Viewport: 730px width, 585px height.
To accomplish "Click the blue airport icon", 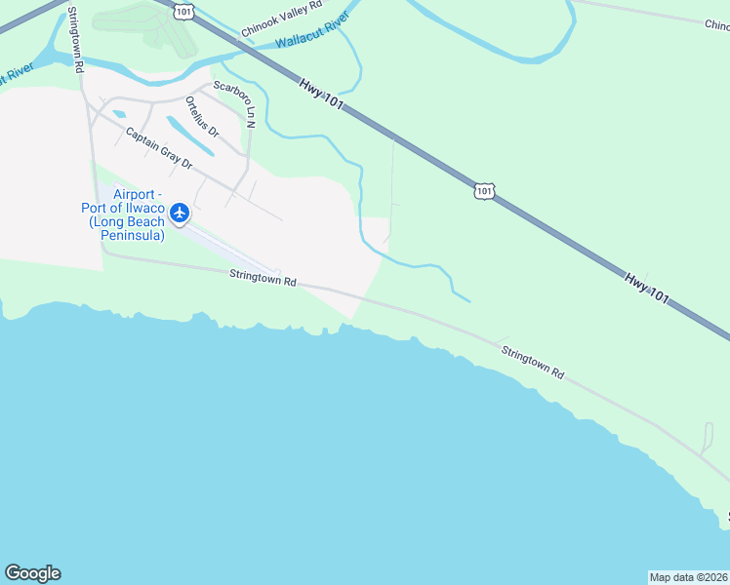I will coord(180,212).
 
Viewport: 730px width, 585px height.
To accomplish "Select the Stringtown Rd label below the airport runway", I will coord(263,278).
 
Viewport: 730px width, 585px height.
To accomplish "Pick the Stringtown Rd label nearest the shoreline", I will coord(533,360).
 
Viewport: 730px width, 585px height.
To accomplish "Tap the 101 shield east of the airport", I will coord(484,191).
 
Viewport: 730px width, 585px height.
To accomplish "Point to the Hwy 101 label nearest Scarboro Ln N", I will coord(322,93).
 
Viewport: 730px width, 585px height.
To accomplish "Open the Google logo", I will coord(32,573).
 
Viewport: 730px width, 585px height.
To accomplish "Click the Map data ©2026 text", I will coord(688,576).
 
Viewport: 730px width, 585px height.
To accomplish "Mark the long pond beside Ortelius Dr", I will coord(190,136).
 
